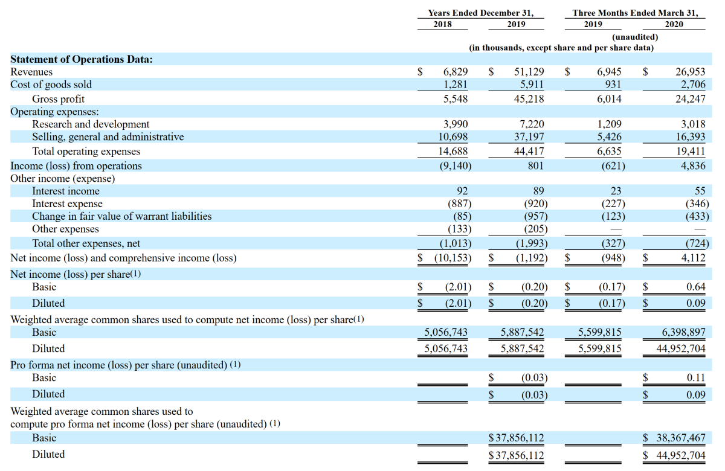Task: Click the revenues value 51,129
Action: click(x=529, y=71)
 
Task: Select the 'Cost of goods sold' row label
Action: click(x=51, y=85)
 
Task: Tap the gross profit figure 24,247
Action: click(x=690, y=98)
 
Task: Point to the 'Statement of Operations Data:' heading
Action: click(x=81, y=59)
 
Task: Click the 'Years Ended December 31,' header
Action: click(x=481, y=13)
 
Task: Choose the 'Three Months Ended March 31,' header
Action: click(x=635, y=13)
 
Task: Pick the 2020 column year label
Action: click(x=674, y=24)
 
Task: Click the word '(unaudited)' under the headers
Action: click(x=635, y=37)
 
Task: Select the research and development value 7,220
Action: click(x=532, y=124)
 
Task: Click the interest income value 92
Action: click(x=462, y=191)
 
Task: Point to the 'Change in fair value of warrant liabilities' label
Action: click(x=121, y=216)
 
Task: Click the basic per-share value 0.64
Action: click(x=696, y=287)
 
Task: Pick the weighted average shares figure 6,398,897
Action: click(x=683, y=332)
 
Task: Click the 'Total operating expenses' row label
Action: click(x=86, y=151)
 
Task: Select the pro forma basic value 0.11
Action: click(x=696, y=377)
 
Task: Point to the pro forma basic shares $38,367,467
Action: click(x=674, y=438)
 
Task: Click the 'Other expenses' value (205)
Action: click(x=536, y=229)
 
